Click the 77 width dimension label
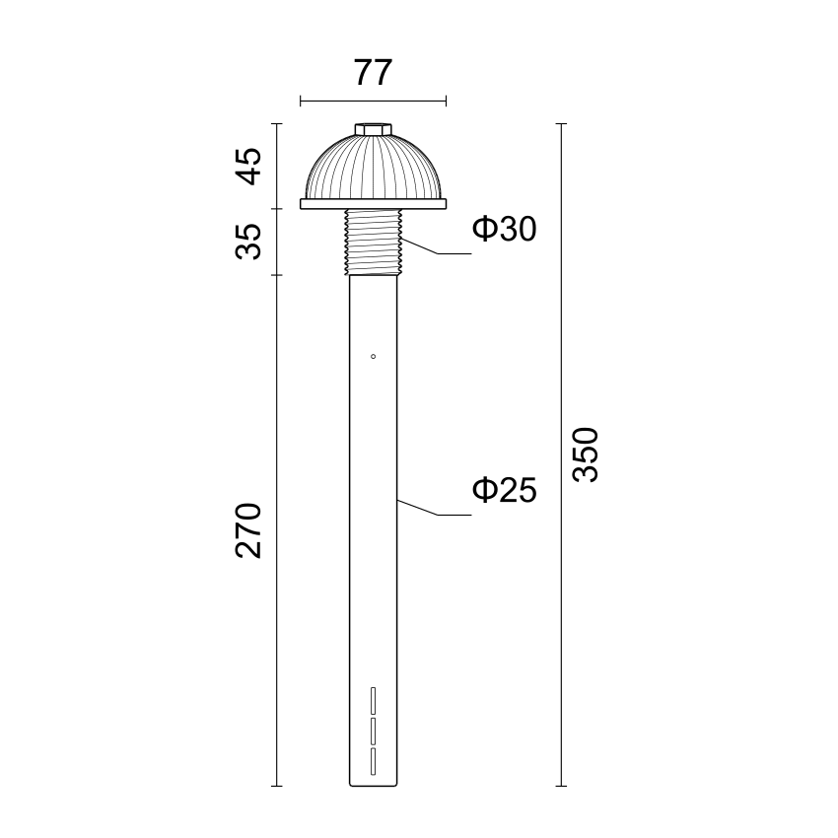coord(373,73)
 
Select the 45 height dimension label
coord(248,166)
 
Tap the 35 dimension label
coord(248,242)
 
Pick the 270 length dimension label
coord(248,530)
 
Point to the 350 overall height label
coord(586,454)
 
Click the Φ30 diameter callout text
coord(504,229)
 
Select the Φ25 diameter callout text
coord(504,490)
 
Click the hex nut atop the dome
coord(373,129)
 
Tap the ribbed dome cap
coord(373,167)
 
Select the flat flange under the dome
coord(373,204)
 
